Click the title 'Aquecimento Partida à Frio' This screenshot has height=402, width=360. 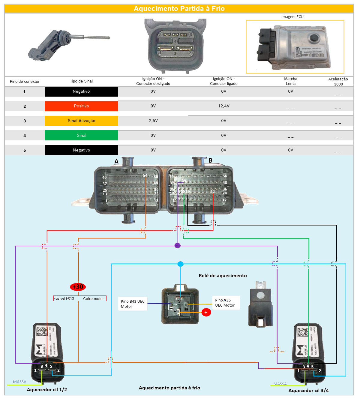point(179,8)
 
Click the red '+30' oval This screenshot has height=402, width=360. point(78,287)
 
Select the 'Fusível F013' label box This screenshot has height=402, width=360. point(80,298)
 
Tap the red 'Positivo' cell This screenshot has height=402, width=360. point(81,106)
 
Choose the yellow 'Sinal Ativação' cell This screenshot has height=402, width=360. point(81,121)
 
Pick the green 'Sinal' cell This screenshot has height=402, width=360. point(81,136)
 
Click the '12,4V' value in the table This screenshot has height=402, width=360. point(224,106)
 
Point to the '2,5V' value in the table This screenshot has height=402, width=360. point(153,121)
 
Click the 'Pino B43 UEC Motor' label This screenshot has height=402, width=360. point(133,304)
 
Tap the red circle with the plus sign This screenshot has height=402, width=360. point(206,312)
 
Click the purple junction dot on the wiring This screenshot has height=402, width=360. point(178,245)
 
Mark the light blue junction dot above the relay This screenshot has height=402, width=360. point(180,264)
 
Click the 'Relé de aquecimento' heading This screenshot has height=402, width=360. point(223,276)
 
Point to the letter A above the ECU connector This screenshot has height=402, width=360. point(116,161)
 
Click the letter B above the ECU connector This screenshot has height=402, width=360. point(211,160)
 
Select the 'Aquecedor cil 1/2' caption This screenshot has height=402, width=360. point(47,390)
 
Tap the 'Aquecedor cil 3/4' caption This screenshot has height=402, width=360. point(308,391)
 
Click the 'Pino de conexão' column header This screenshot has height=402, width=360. point(24,82)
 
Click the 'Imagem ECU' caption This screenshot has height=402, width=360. point(292,17)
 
